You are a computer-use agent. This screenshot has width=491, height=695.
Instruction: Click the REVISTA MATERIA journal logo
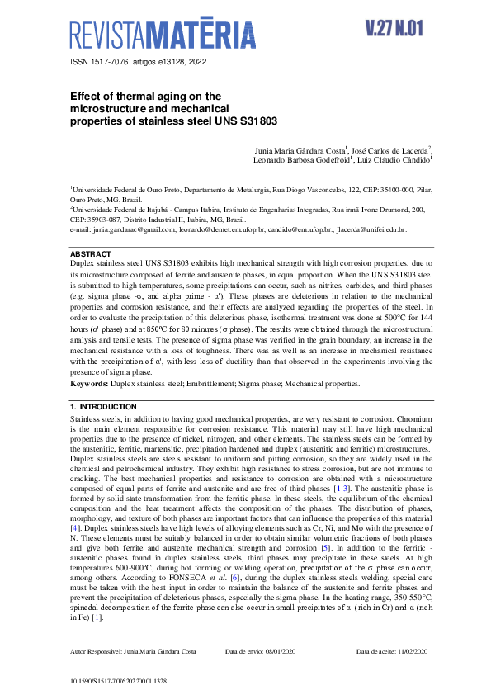(x=163, y=35)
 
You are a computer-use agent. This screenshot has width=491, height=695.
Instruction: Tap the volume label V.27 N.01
(x=393, y=28)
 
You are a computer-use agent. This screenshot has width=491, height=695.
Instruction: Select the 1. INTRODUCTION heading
(x=103, y=407)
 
